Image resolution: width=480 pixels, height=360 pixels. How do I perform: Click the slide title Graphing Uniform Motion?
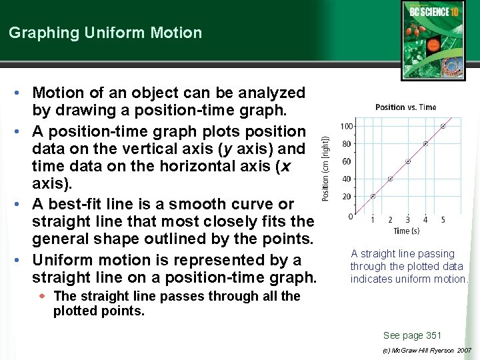[105, 33]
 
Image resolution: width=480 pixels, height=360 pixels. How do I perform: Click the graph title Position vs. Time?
[405, 107]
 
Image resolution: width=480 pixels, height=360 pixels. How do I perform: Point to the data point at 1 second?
[373, 196]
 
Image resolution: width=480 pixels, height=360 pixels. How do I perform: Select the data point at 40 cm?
[390, 179]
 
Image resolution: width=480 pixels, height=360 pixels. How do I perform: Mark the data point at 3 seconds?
[408, 161]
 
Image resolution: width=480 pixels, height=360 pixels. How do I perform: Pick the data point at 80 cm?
[425, 143]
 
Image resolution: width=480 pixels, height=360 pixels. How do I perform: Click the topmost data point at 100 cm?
[443, 126]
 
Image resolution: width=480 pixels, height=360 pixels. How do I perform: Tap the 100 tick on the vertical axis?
[347, 126]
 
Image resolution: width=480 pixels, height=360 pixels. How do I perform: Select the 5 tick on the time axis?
[443, 220]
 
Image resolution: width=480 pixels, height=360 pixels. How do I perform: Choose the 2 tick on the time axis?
[390, 220]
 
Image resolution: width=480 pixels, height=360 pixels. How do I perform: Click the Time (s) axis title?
[406, 231]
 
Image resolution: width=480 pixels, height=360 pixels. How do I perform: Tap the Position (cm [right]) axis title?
[326, 167]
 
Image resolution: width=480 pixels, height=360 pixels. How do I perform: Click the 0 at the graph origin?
[351, 216]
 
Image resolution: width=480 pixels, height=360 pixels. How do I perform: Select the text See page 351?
[412, 335]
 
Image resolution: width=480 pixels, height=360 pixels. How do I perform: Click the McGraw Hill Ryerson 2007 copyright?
[427, 350]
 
